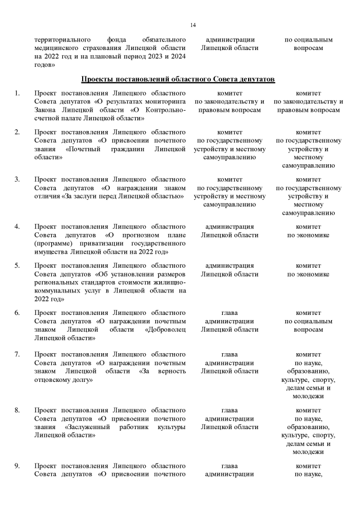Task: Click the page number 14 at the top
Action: click(x=193, y=25)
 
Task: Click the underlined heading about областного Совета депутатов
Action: click(x=178, y=79)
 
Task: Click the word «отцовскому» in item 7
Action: click(x=55, y=380)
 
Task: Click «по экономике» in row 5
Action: click(x=308, y=274)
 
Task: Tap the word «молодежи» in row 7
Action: click(x=308, y=397)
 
